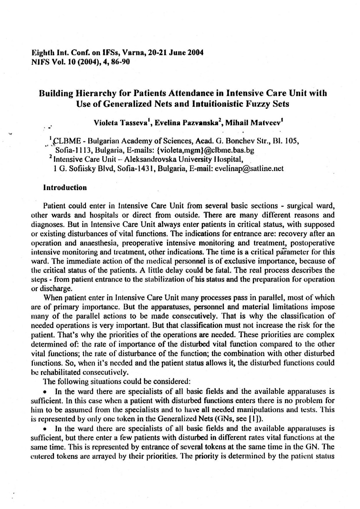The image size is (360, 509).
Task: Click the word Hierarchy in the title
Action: pos(96,93)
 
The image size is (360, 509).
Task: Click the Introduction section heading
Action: pos(66,188)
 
